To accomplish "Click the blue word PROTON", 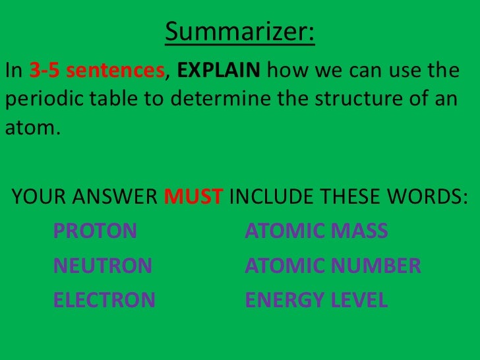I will tap(95, 231).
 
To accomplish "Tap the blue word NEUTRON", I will tap(102, 266).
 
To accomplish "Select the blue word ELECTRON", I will tap(104, 301).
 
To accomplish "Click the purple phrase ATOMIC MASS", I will tap(316, 231).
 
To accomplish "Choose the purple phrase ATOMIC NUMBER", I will tap(332, 266).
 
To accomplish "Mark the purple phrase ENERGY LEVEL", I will tap(316, 301).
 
